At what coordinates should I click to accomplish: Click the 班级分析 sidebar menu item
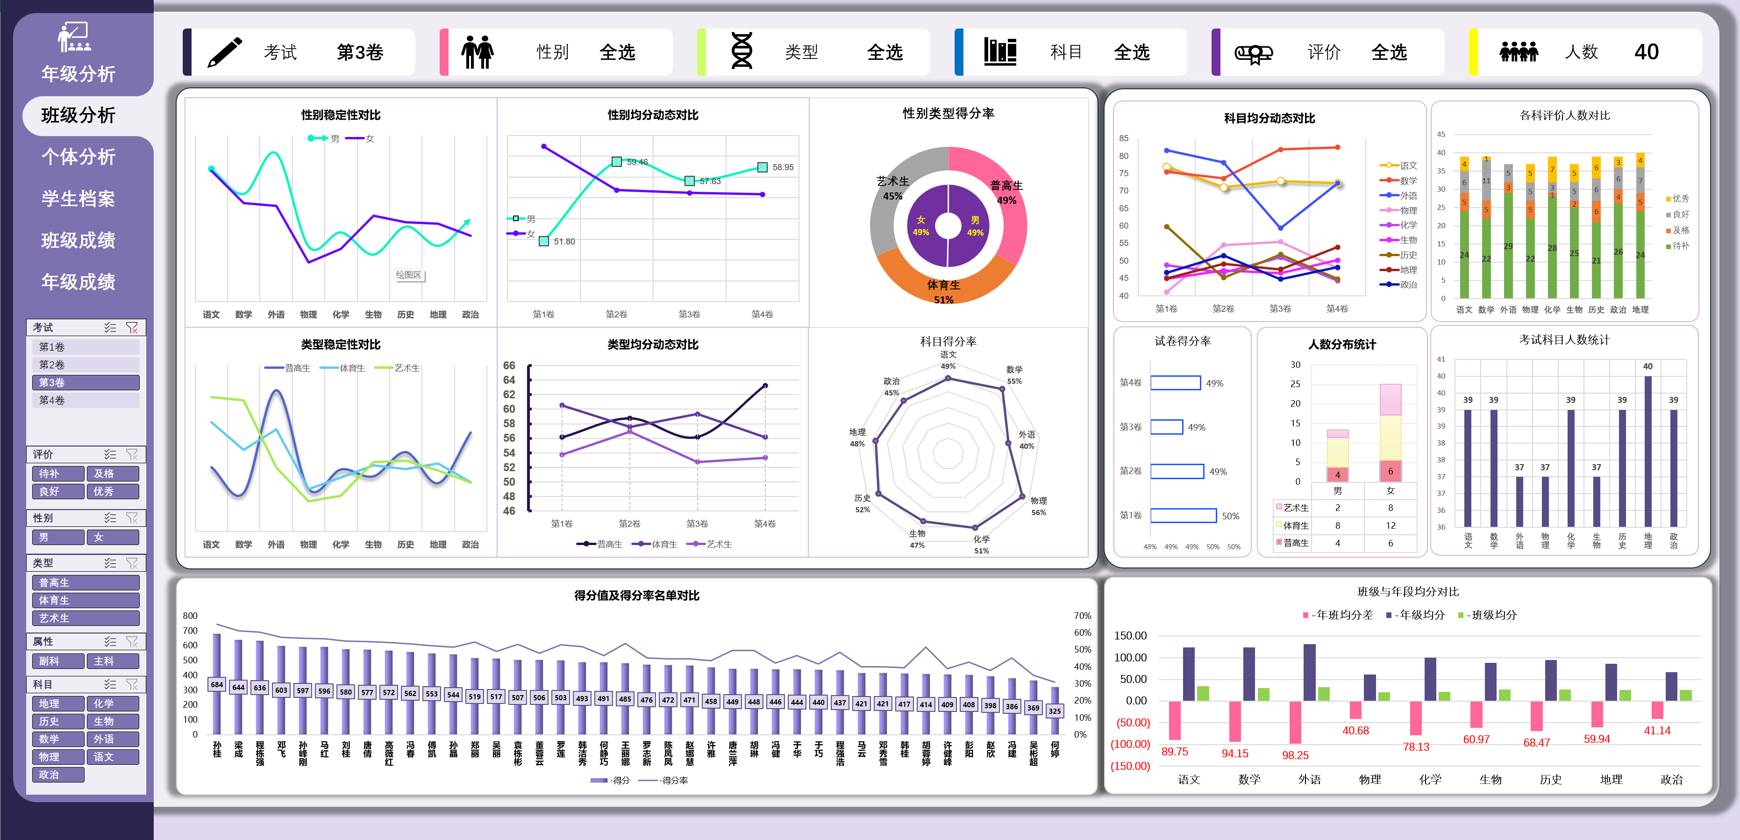point(78,115)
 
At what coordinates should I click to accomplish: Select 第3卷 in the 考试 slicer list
point(85,382)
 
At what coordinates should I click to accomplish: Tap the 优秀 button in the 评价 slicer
point(112,491)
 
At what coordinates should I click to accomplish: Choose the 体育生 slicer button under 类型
point(85,600)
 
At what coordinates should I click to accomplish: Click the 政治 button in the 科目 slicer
point(57,775)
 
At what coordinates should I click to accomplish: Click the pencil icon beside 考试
point(224,52)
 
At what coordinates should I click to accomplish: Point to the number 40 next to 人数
point(1646,52)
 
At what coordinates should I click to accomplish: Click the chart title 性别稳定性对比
point(341,115)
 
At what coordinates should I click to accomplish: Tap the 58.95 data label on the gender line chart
point(783,167)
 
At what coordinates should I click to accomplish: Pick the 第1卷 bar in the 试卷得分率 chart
point(1184,516)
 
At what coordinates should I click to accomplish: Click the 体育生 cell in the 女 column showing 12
point(1390,525)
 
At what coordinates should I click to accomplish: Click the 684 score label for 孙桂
point(217,684)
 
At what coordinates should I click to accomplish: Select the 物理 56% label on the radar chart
point(1038,506)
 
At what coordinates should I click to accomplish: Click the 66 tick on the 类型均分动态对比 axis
point(509,366)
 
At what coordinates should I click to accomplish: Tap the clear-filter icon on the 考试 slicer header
point(132,328)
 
